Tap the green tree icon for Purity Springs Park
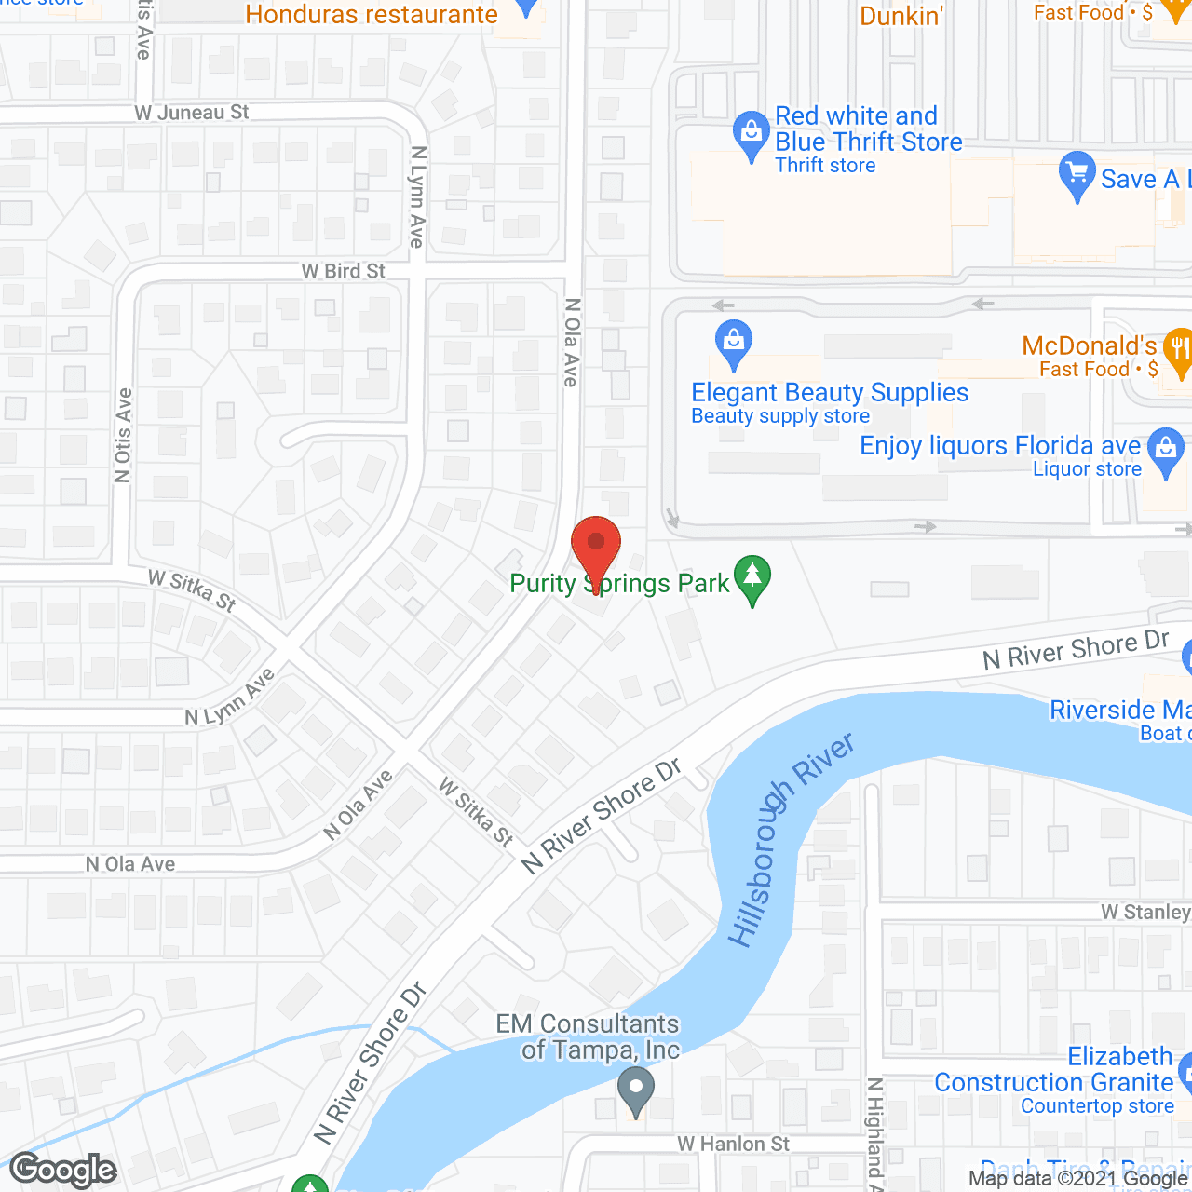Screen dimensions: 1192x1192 752,578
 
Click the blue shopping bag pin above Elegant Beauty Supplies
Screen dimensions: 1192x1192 734,344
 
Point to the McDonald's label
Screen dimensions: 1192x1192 1089,346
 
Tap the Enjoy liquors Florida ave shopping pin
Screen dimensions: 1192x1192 1165,451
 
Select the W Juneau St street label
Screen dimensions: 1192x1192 192,113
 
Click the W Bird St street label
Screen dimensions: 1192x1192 343,271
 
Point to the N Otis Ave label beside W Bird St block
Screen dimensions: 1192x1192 123,436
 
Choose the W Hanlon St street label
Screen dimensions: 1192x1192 733,1144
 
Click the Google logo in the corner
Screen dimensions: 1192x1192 63,1170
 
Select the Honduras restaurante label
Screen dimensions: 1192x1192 372,15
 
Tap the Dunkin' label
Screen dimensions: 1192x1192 901,16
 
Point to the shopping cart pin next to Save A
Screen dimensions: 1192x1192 1077,174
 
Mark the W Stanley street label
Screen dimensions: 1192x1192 1145,912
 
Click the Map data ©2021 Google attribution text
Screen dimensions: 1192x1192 1078,1179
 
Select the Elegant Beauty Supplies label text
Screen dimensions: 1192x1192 830,393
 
